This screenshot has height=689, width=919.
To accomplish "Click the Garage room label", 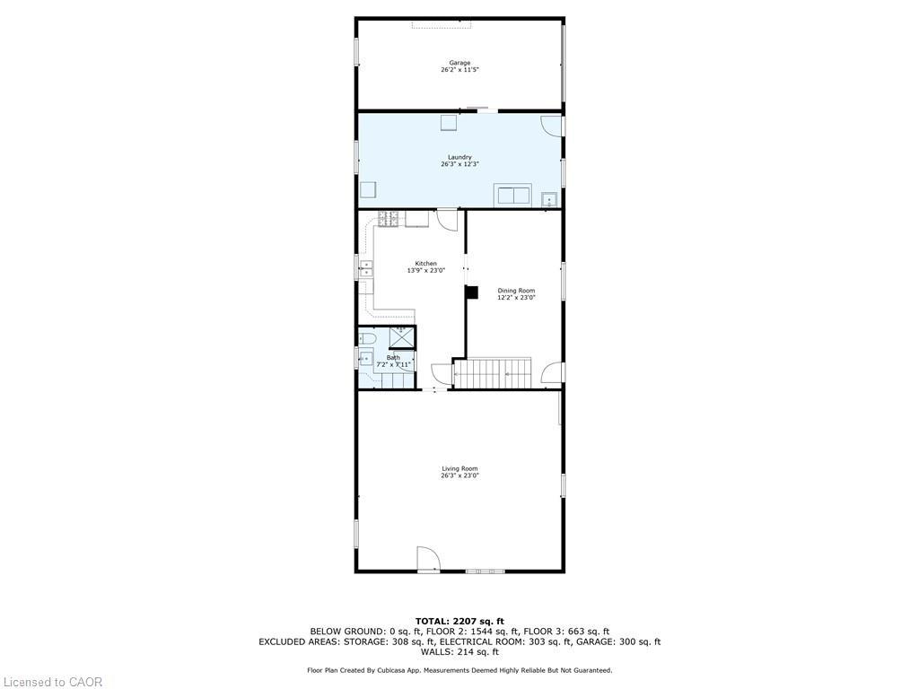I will (x=459, y=63).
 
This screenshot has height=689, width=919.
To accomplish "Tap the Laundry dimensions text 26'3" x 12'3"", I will (x=459, y=164).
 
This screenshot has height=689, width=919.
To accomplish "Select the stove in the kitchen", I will (x=389, y=218).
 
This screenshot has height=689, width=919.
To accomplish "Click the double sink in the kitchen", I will (x=366, y=267).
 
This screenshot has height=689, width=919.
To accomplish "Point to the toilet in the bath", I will (x=367, y=337).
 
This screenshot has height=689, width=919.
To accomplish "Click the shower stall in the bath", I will (x=401, y=337).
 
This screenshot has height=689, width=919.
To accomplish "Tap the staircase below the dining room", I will (x=494, y=372).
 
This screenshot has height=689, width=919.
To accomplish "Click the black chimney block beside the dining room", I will (x=471, y=292).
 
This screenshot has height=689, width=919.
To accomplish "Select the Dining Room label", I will (x=516, y=291).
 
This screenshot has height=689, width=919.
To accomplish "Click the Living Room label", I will (x=459, y=468).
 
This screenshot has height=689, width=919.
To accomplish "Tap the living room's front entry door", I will (x=428, y=559).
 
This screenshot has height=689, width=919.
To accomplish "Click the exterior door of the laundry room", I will (x=552, y=126).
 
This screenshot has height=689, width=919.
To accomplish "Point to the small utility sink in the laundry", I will (x=550, y=197).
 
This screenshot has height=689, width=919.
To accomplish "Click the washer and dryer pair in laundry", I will (x=512, y=196).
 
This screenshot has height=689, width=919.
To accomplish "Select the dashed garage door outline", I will (x=442, y=23).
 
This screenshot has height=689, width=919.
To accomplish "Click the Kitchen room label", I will (x=425, y=264).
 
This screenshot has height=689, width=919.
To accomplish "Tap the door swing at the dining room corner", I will (x=552, y=372).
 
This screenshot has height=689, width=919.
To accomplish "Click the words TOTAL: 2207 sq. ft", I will (x=459, y=621).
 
